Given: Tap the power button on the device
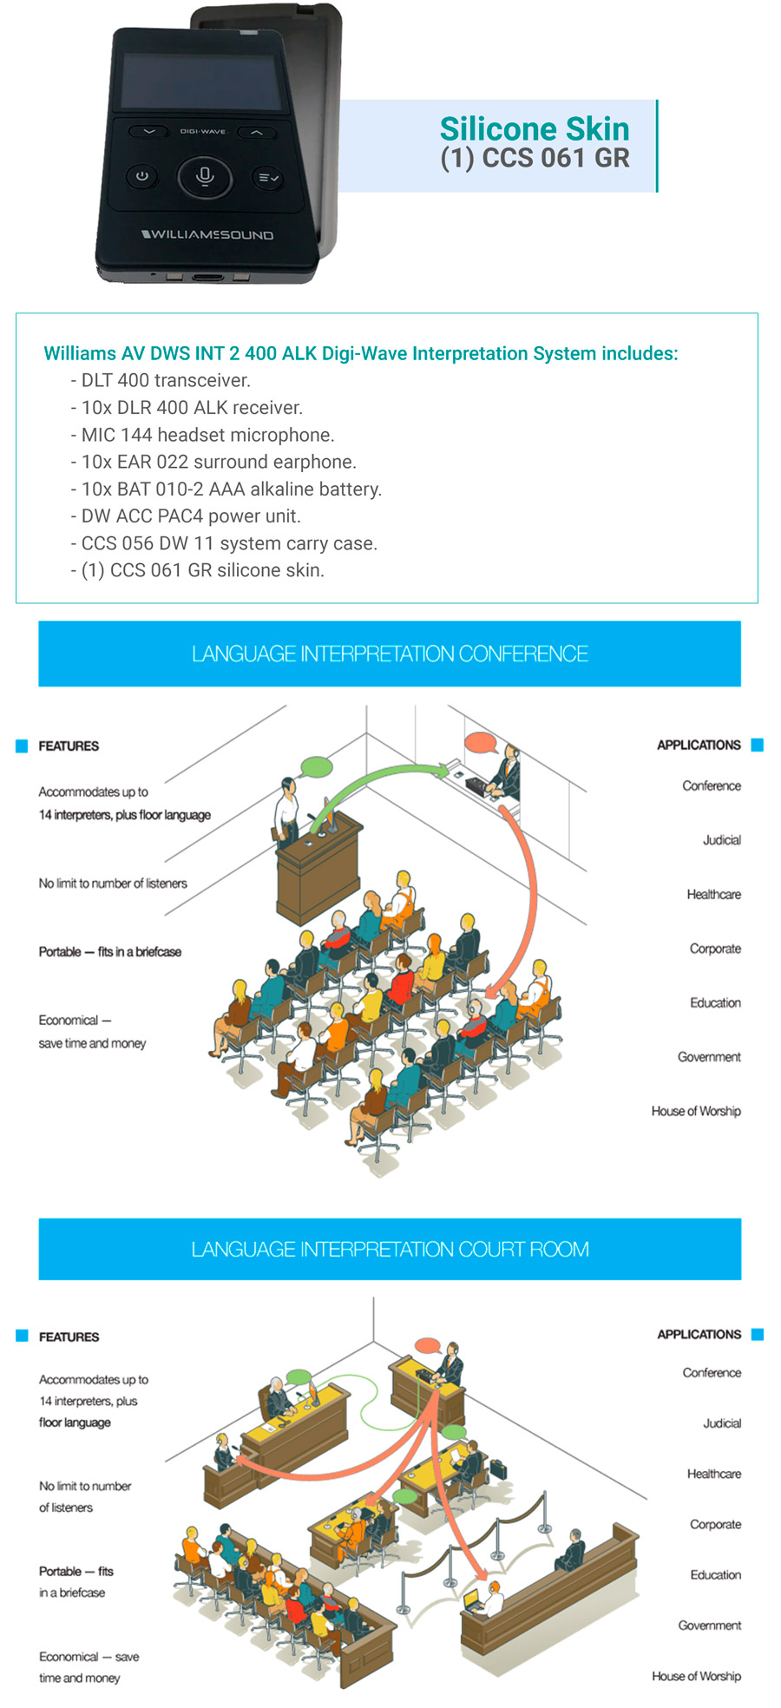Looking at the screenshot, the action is coord(142,176).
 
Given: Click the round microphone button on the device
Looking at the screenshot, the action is coord(205,176).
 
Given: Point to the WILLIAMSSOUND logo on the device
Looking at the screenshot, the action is coord(207,234).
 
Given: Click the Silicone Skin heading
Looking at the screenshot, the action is coord(534,128).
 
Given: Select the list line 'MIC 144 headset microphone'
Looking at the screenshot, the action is coord(203,435).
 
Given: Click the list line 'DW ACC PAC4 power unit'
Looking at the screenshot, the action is coord(186,516).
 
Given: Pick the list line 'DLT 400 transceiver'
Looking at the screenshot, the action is coord(161,380).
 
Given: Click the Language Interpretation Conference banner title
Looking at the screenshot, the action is coord(390,654).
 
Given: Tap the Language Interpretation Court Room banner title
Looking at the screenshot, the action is coord(390,1249).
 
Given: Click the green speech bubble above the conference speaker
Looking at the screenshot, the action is coord(317,766).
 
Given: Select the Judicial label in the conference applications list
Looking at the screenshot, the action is coord(721,840).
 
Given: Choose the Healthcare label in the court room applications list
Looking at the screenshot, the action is coord(713,1474).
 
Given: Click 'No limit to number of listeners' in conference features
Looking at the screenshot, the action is coord(113,884).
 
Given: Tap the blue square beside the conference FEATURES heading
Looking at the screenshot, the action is coord(22,746).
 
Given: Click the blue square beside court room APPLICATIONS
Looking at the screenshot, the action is coord(757,1334).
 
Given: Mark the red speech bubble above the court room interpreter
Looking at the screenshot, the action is coord(427,1346).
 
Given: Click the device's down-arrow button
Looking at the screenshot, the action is coord(149,132).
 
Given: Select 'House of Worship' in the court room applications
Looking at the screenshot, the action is coord(696,1676).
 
